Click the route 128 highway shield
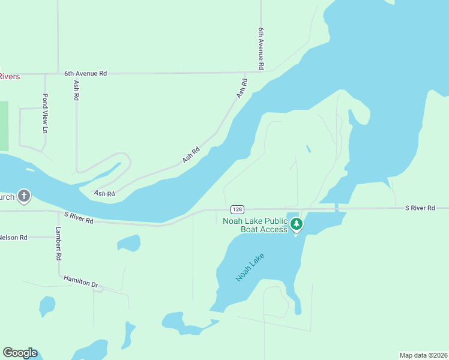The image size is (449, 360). click(x=237, y=209)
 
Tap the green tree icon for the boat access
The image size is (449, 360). click(x=296, y=224)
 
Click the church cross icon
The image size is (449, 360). click(x=24, y=196)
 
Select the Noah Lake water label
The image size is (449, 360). click(x=250, y=267)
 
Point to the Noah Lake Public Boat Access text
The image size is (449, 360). click(x=255, y=225)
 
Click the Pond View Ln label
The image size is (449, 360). click(x=44, y=113)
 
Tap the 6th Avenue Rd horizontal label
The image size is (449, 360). click(x=85, y=73)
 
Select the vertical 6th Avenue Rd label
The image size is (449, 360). click(x=261, y=49)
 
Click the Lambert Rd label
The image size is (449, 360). click(x=59, y=244)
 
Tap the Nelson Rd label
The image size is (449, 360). click(x=13, y=238)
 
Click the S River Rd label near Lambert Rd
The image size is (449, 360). click(x=79, y=217)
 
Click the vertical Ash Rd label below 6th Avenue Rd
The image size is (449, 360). click(x=76, y=91)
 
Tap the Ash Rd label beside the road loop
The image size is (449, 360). click(x=104, y=193)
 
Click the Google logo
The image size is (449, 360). click(x=20, y=353)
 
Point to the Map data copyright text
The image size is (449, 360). click(x=423, y=355)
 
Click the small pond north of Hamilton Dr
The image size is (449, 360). click(x=129, y=242)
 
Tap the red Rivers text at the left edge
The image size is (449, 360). click(x=9, y=76)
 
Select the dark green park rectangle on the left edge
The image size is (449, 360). click(x=4, y=126)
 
